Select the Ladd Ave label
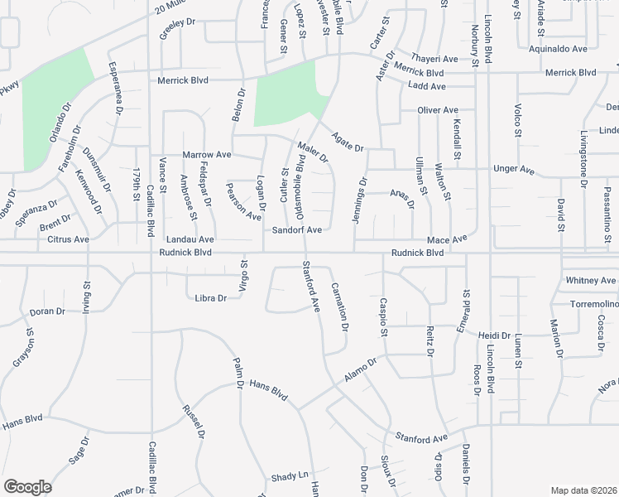(427, 85)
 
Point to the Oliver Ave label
(439, 110)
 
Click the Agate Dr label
(348, 142)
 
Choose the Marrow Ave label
(206, 155)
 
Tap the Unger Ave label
(514, 169)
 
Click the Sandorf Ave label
(297, 229)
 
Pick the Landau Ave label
(190, 239)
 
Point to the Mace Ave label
(448, 239)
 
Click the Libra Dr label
(210, 297)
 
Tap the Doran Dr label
(47, 311)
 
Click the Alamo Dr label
(361, 369)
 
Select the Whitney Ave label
(592, 281)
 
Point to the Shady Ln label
(290, 478)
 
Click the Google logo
(27, 487)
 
